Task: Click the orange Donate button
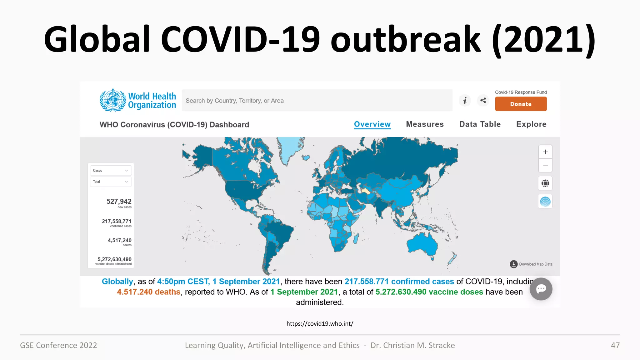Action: click(x=521, y=104)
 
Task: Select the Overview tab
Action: click(x=372, y=124)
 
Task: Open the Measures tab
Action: click(x=425, y=124)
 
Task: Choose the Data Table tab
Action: click(x=480, y=124)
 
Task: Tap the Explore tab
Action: click(x=531, y=124)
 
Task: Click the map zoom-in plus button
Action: click(x=545, y=152)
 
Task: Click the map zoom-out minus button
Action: click(x=545, y=166)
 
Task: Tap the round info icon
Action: click(x=465, y=100)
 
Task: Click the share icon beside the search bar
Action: click(x=483, y=100)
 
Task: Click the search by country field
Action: click(x=317, y=101)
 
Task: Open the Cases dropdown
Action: click(x=111, y=171)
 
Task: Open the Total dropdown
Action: click(x=111, y=182)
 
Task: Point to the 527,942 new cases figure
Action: click(x=119, y=202)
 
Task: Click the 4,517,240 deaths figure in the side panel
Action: click(x=119, y=240)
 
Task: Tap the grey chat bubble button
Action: click(x=541, y=289)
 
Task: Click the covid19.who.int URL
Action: click(x=320, y=324)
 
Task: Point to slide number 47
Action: click(x=615, y=345)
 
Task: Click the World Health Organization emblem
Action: click(x=112, y=100)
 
